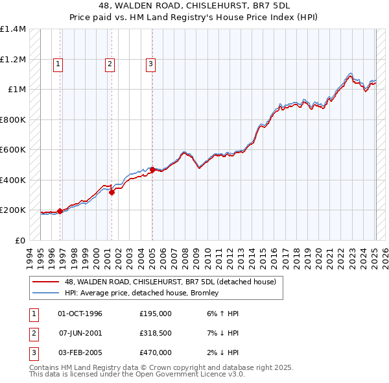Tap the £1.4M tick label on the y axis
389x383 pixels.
(x=12, y=29)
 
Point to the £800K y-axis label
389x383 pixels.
(x=12, y=119)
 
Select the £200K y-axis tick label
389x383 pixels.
(x=12, y=210)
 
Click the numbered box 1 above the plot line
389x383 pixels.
(x=58, y=64)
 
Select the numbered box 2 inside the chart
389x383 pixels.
(x=110, y=64)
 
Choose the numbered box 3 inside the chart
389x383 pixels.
(x=150, y=64)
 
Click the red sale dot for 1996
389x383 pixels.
(x=60, y=211)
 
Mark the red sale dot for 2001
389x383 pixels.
(x=112, y=192)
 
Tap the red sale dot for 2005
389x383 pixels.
(x=152, y=169)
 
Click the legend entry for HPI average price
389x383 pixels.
(x=141, y=293)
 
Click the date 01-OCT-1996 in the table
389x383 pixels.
(x=80, y=314)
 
